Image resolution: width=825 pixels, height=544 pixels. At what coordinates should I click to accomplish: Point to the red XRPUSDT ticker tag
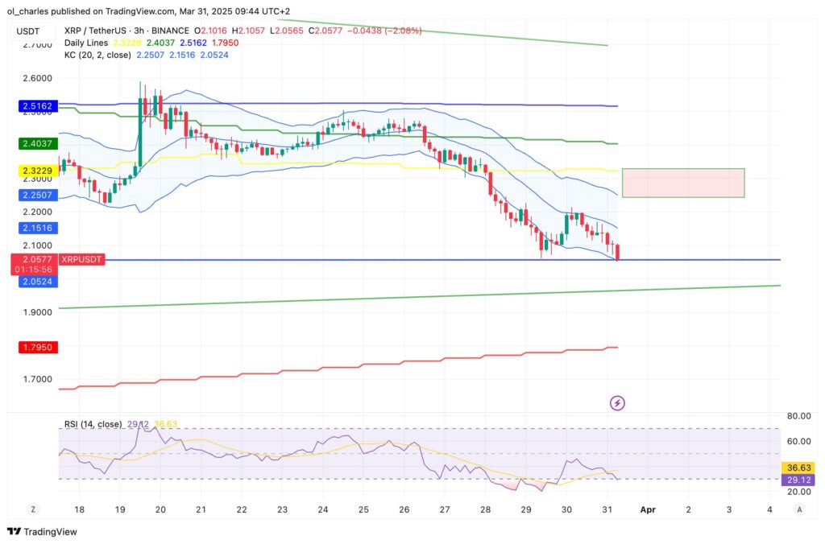pos(81,260)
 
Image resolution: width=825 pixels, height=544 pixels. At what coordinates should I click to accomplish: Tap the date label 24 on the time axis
pos(322,509)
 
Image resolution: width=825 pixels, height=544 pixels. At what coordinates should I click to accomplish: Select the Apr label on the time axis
pos(646,509)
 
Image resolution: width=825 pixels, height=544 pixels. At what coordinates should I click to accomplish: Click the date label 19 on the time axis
pos(120,509)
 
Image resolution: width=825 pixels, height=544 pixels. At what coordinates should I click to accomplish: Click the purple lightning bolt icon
pos(617,402)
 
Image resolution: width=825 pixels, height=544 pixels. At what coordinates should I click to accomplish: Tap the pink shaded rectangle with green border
pos(682,183)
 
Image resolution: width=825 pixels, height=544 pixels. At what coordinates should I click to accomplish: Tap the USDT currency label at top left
pos(30,31)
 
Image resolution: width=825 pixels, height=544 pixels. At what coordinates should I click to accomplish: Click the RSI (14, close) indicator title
pos(93,423)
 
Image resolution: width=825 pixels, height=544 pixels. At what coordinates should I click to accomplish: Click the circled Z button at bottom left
pos(33,509)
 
